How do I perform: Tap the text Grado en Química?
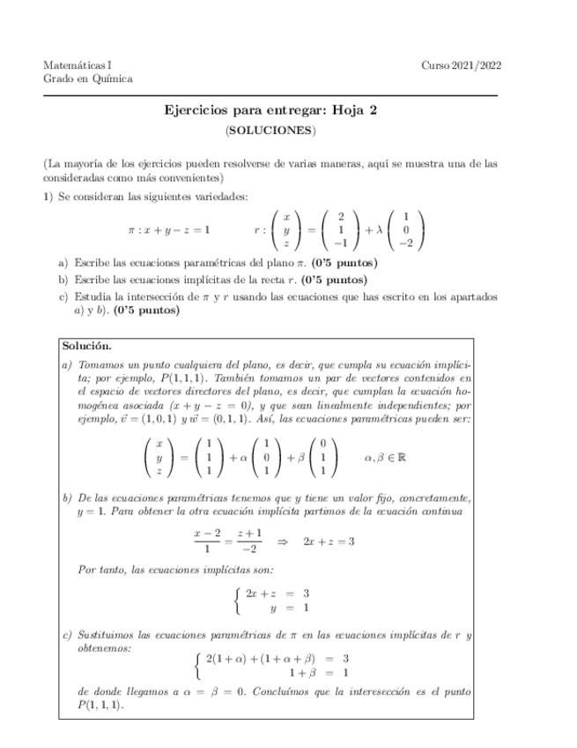[x=87, y=79]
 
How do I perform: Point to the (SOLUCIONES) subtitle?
[x=270, y=131]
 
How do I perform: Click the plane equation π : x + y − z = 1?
[x=168, y=230]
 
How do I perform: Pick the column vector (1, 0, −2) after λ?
[x=405, y=230]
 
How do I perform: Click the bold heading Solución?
[x=86, y=347]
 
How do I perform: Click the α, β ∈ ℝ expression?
[x=385, y=458]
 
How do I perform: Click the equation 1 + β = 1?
[x=318, y=672]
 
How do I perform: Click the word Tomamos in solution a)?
[x=101, y=363]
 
